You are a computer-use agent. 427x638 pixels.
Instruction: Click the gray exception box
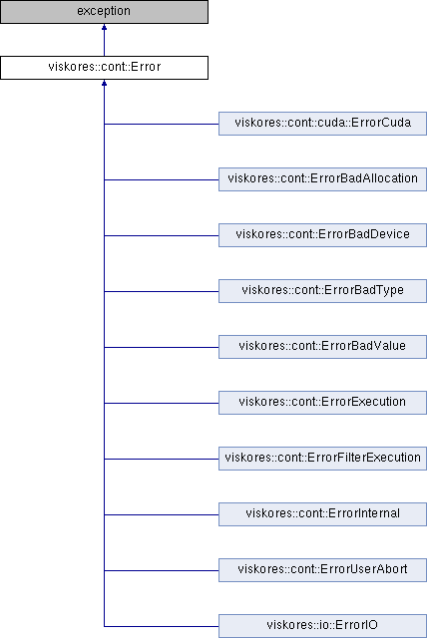click(104, 12)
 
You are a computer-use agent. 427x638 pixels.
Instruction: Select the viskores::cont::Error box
click(104, 68)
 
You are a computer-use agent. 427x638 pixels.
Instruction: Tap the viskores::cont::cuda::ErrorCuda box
click(323, 124)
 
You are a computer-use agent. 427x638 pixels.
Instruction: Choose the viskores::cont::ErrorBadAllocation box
click(323, 179)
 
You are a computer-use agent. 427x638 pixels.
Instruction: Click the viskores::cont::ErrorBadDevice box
click(323, 235)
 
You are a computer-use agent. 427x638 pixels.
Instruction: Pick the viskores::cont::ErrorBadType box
click(323, 291)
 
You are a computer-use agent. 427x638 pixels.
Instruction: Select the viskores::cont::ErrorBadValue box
click(323, 347)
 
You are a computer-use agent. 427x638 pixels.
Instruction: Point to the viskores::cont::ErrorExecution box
click(323, 403)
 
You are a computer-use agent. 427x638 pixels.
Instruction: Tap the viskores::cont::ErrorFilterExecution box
click(323, 459)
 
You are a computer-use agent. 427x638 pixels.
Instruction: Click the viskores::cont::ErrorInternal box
click(323, 514)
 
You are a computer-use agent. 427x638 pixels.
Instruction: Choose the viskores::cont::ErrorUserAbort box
click(323, 569)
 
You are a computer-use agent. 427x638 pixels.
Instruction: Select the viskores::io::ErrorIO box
click(323, 626)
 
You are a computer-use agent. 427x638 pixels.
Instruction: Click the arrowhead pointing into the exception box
click(104, 27)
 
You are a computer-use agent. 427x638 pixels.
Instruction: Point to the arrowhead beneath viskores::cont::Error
click(104, 83)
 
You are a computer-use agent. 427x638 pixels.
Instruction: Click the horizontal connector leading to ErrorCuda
click(162, 124)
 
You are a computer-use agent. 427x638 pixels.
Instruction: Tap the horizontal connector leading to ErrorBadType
click(162, 291)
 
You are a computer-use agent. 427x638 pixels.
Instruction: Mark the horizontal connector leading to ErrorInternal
click(162, 514)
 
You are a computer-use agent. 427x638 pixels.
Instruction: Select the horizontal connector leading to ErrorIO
click(162, 626)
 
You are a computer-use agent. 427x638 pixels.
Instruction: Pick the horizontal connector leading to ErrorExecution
click(162, 403)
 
